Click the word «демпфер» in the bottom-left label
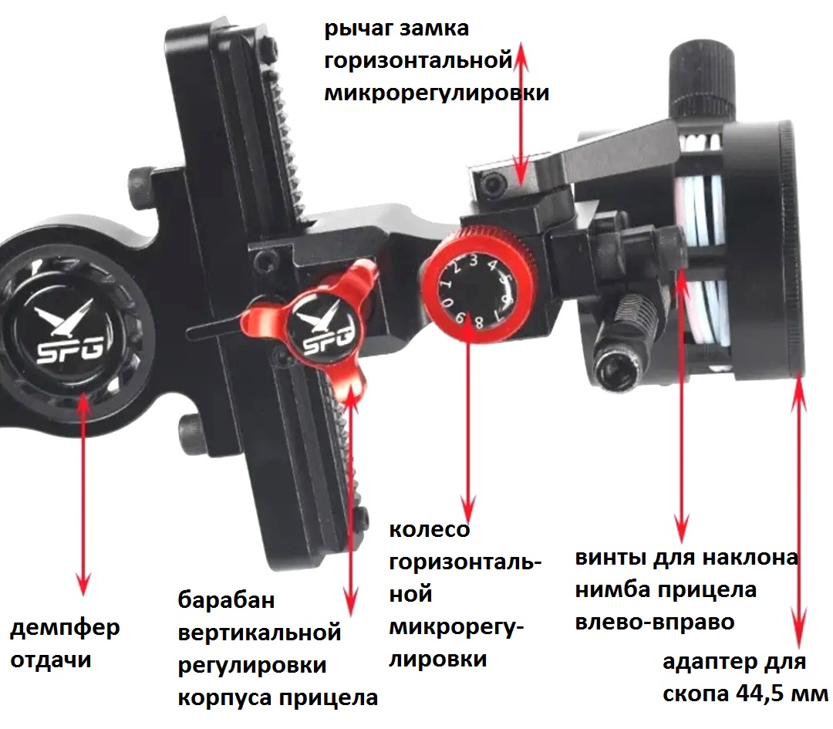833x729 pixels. click(x=65, y=629)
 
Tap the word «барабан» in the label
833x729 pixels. click(x=226, y=600)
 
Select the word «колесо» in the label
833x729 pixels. click(x=430, y=530)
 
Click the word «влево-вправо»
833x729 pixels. click(x=655, y=623)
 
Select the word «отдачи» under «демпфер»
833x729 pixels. click(x=51, y=660)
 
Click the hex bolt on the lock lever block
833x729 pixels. click(x=495, y=185)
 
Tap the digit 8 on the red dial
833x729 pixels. click(x=477, y=322)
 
